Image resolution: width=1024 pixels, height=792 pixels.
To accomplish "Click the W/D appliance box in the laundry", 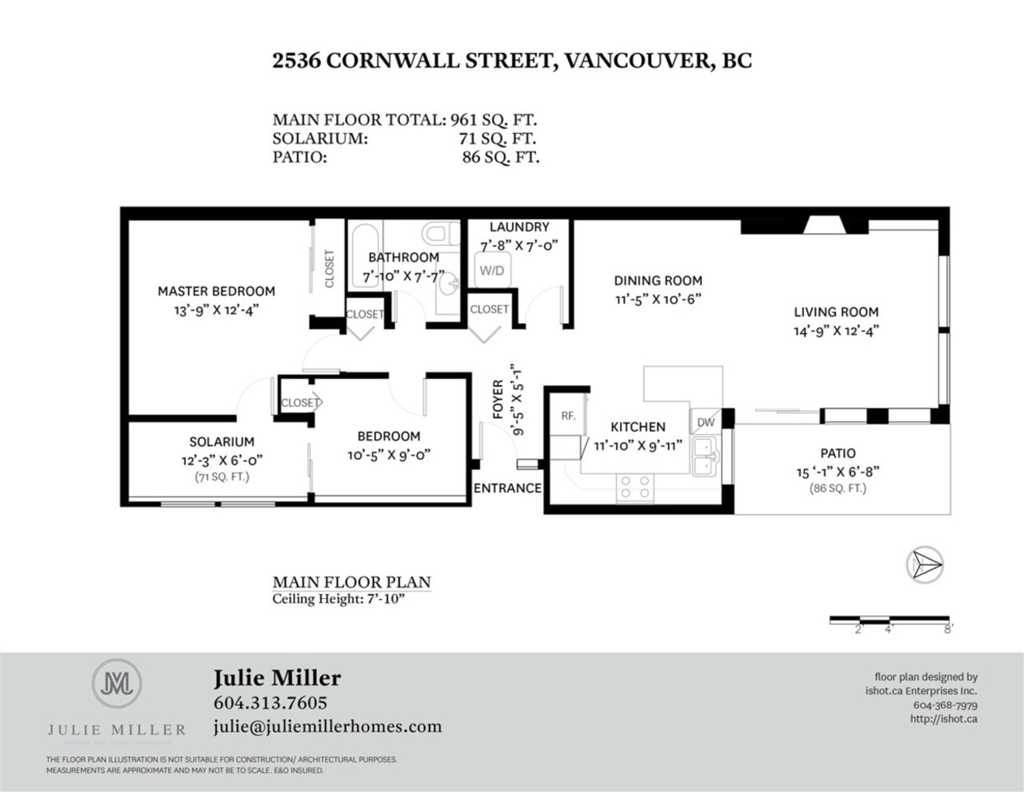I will pyautogui.click(x=492, y=271).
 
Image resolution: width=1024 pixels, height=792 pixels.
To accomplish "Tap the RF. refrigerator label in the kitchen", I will pyautogui.click(x=568, y=416).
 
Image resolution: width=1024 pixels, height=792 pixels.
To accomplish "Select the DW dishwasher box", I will pyautogui.click(x=706, y=422).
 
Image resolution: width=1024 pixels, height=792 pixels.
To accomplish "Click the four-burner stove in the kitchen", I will pyautogui.click(x=635, y=487).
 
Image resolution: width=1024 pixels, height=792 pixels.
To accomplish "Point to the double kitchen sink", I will pyautogui.click(x=706, y=456).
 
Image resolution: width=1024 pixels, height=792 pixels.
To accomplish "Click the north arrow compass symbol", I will pyautogui.click(x=924, y=565).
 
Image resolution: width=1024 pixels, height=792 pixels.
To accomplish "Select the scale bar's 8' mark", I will pyautogui.click(x=948, y=629).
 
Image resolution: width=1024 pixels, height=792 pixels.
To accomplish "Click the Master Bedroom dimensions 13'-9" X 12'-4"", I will pyautogui.click(x=216, y=310).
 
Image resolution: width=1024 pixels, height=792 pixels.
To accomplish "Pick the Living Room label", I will pyautogui.click(x=836, y=312).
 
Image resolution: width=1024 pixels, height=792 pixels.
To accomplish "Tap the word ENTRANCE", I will pyautogui.click(x=507, y=488).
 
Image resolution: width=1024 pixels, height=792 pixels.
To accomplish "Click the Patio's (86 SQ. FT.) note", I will pyautogui.click(x=837, y=488).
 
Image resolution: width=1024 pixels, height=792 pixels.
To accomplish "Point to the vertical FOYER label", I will pyautogui.click(x=498, y=399).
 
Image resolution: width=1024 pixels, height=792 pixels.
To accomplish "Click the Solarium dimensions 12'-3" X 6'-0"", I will pyautogui.click(x=222, y=460).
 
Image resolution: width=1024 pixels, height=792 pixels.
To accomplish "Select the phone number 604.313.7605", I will pyautogui.click(x=270, y=703).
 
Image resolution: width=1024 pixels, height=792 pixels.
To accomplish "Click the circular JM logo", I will pyautogui.click(x=117, y=684).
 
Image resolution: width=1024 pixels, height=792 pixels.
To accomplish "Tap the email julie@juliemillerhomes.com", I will pyautogui.click(x=327, y=727).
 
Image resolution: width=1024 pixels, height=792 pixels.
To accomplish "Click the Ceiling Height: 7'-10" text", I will pyautogui.click(x=338, y=599).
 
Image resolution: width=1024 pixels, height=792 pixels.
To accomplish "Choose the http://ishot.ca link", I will pyautogui.click(x=943, y=719).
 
